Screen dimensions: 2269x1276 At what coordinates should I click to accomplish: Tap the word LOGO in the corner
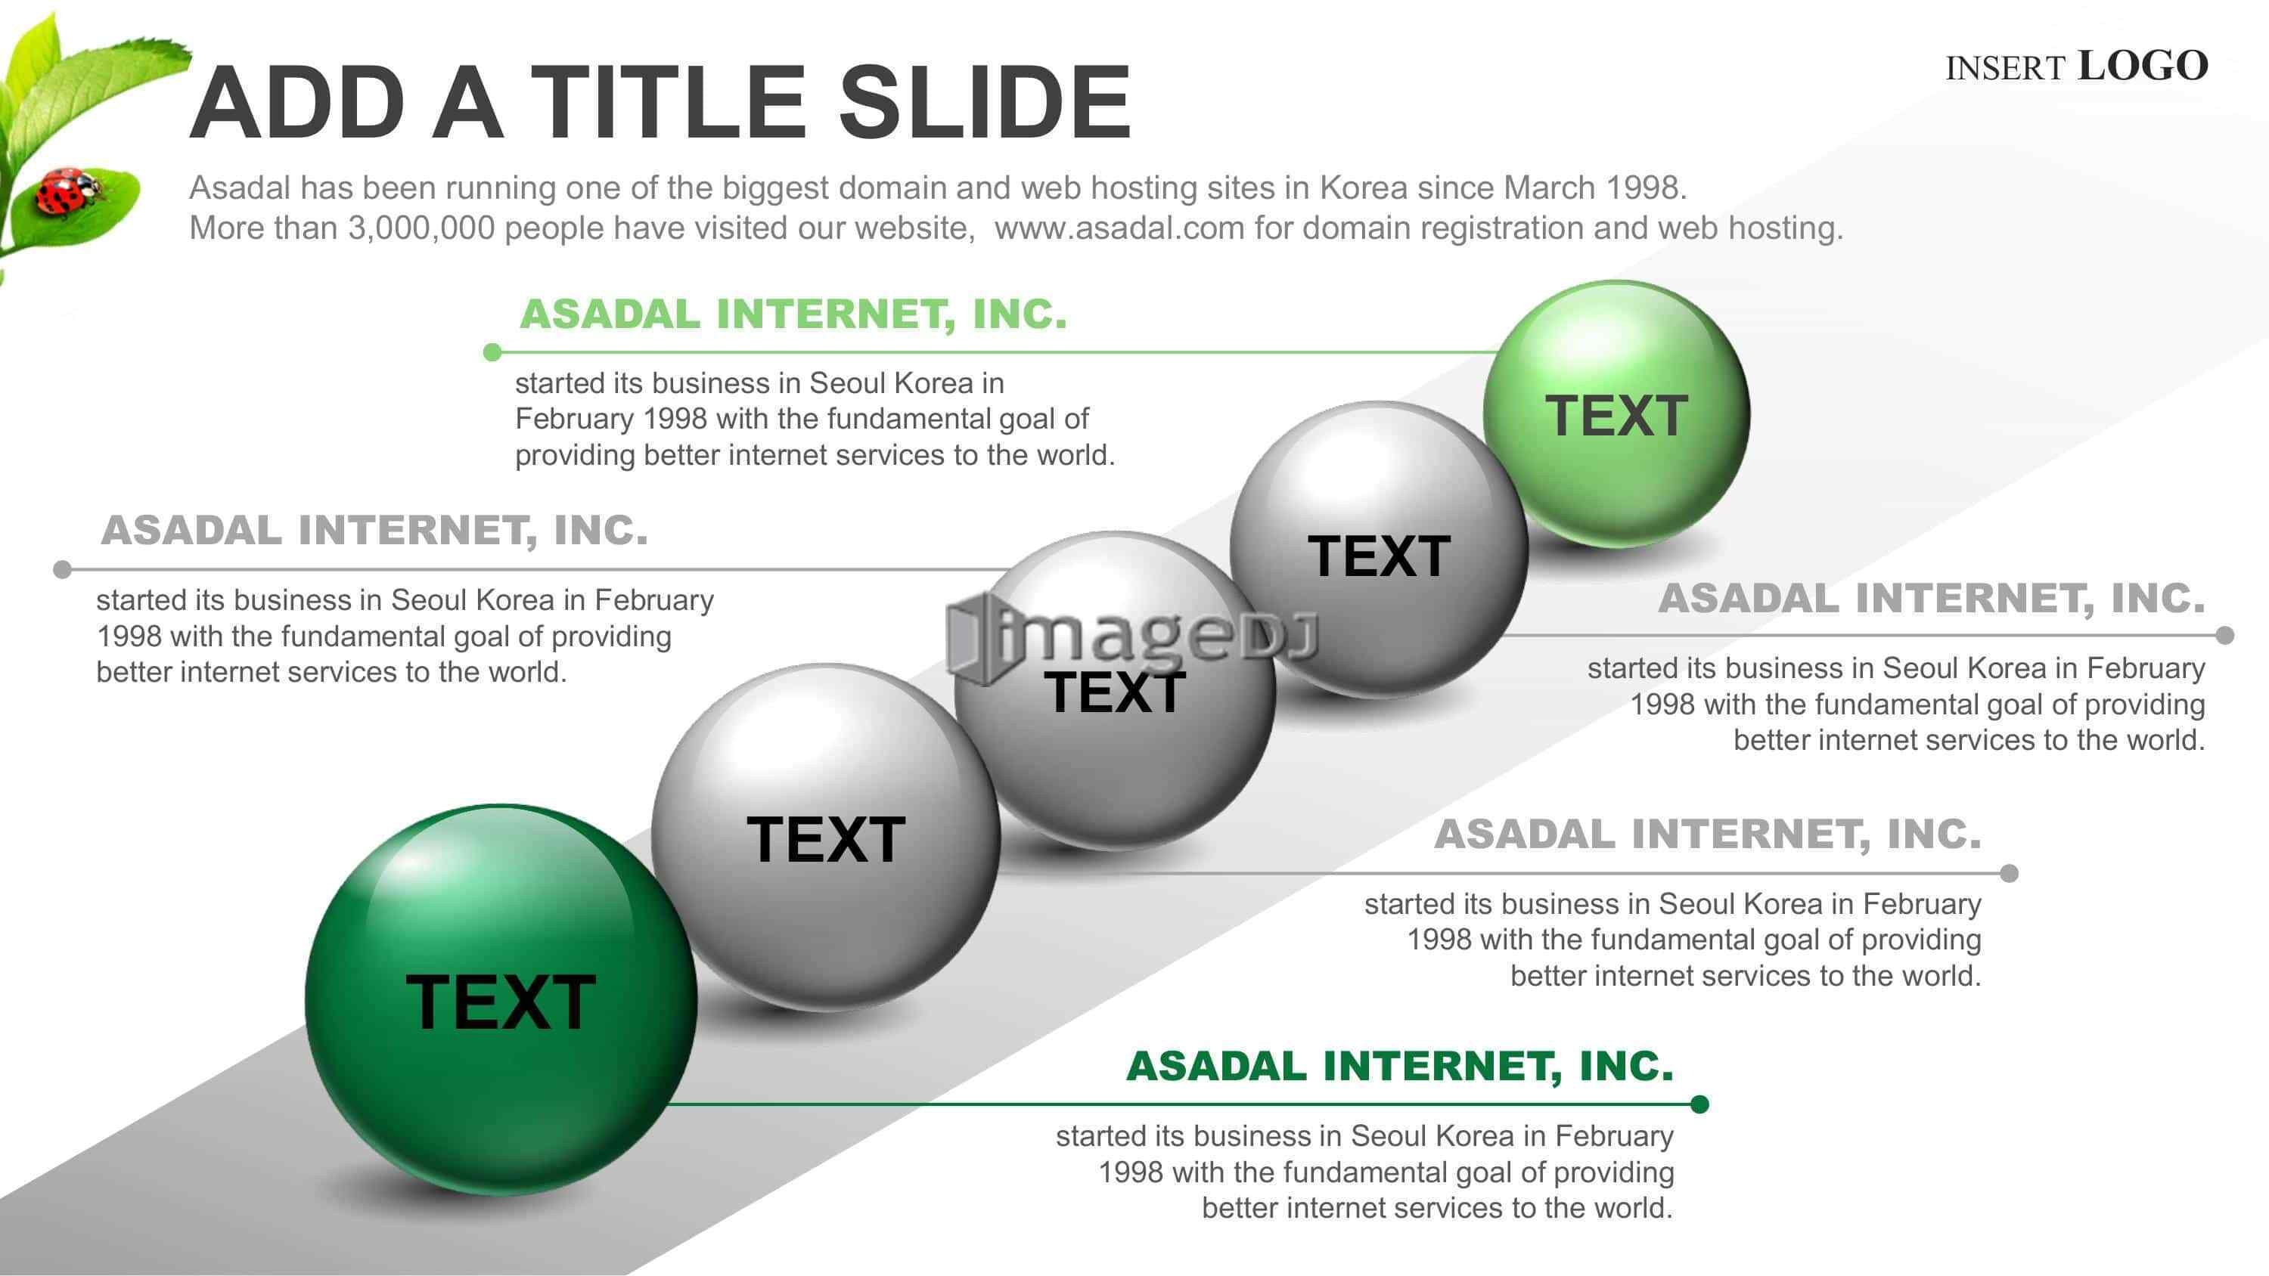coord(2143,66)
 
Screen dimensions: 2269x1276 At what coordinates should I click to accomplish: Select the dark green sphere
coord(501,999)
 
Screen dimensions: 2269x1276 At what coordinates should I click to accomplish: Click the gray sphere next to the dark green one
coord(825,838)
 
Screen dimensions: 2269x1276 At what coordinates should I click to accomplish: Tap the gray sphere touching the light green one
coord(1379,550)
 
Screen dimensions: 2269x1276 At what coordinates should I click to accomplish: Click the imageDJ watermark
coord(1132,636)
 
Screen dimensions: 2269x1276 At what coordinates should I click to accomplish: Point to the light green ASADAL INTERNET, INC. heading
coord(793,314)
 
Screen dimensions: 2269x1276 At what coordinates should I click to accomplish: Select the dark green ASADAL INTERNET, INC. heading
coord(1400,1066)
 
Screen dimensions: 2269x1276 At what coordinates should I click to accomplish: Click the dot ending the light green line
coord(492,352)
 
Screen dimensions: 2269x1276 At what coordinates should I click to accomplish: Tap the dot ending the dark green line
coord(1700,1104)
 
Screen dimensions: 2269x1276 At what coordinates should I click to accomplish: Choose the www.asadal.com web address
coord(1119,228)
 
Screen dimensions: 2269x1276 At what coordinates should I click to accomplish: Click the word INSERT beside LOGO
coord(2005,69)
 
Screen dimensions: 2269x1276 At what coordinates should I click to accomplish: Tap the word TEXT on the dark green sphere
coord(501,1002)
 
